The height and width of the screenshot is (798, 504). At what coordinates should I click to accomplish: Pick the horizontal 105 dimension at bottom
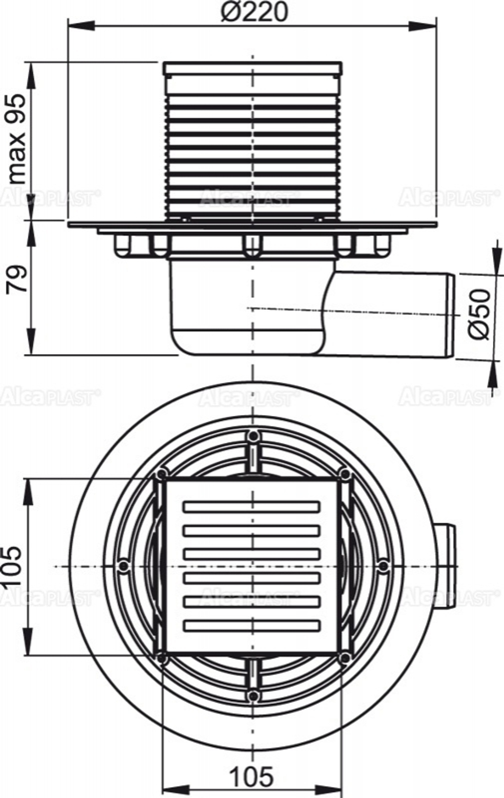(252, 776)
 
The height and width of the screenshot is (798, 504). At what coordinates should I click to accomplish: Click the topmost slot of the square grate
(251, 506)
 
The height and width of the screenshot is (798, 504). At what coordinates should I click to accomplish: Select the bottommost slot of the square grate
(251, 625)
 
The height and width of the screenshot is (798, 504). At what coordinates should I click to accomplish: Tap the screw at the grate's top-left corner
(161, 475)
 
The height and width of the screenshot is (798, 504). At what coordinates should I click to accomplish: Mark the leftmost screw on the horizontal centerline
(121, 566)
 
